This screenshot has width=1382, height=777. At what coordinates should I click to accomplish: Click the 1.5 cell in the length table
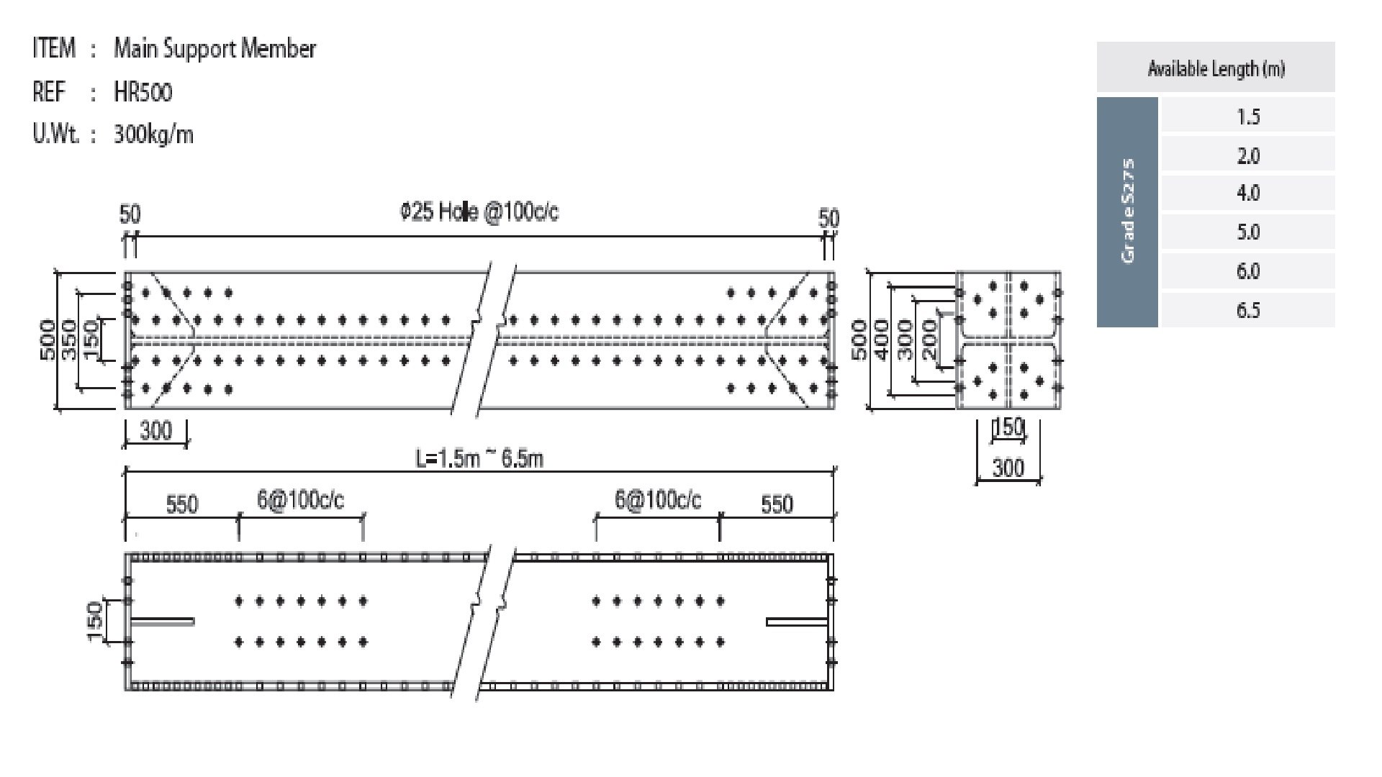(1247, 117)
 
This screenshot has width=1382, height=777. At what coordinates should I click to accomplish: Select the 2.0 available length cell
(1247, 155)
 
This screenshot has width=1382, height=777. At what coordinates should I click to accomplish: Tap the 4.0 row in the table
(1247, 194)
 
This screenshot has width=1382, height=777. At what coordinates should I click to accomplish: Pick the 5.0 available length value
(1247, 232)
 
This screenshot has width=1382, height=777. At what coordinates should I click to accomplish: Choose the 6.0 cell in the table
(1247, 271)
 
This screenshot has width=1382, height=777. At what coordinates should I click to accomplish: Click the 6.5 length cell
(1247, 310)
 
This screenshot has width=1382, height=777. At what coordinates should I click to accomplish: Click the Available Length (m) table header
(1215, 69)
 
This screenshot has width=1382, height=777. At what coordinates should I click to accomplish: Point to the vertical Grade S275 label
(1128, 211)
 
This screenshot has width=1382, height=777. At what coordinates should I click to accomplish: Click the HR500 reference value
(143, 92)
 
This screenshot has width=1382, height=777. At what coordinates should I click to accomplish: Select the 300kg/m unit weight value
(153, 135)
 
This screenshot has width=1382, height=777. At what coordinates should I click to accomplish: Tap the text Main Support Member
(214, 49)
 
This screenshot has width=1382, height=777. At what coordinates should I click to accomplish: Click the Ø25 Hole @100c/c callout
(479, 212)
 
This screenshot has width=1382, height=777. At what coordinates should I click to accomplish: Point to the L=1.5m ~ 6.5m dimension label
(479, 458)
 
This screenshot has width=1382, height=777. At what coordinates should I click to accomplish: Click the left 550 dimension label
(181, 504)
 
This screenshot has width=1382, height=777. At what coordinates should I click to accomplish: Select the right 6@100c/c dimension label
(657, 501)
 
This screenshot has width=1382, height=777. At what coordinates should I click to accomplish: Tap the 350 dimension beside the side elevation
(69, 340)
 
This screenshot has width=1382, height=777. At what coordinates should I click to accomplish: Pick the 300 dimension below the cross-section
(1008, 468)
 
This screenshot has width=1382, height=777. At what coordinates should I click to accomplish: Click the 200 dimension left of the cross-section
(929, 340)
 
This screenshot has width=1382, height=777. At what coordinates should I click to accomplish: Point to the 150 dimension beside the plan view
(94, 622)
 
